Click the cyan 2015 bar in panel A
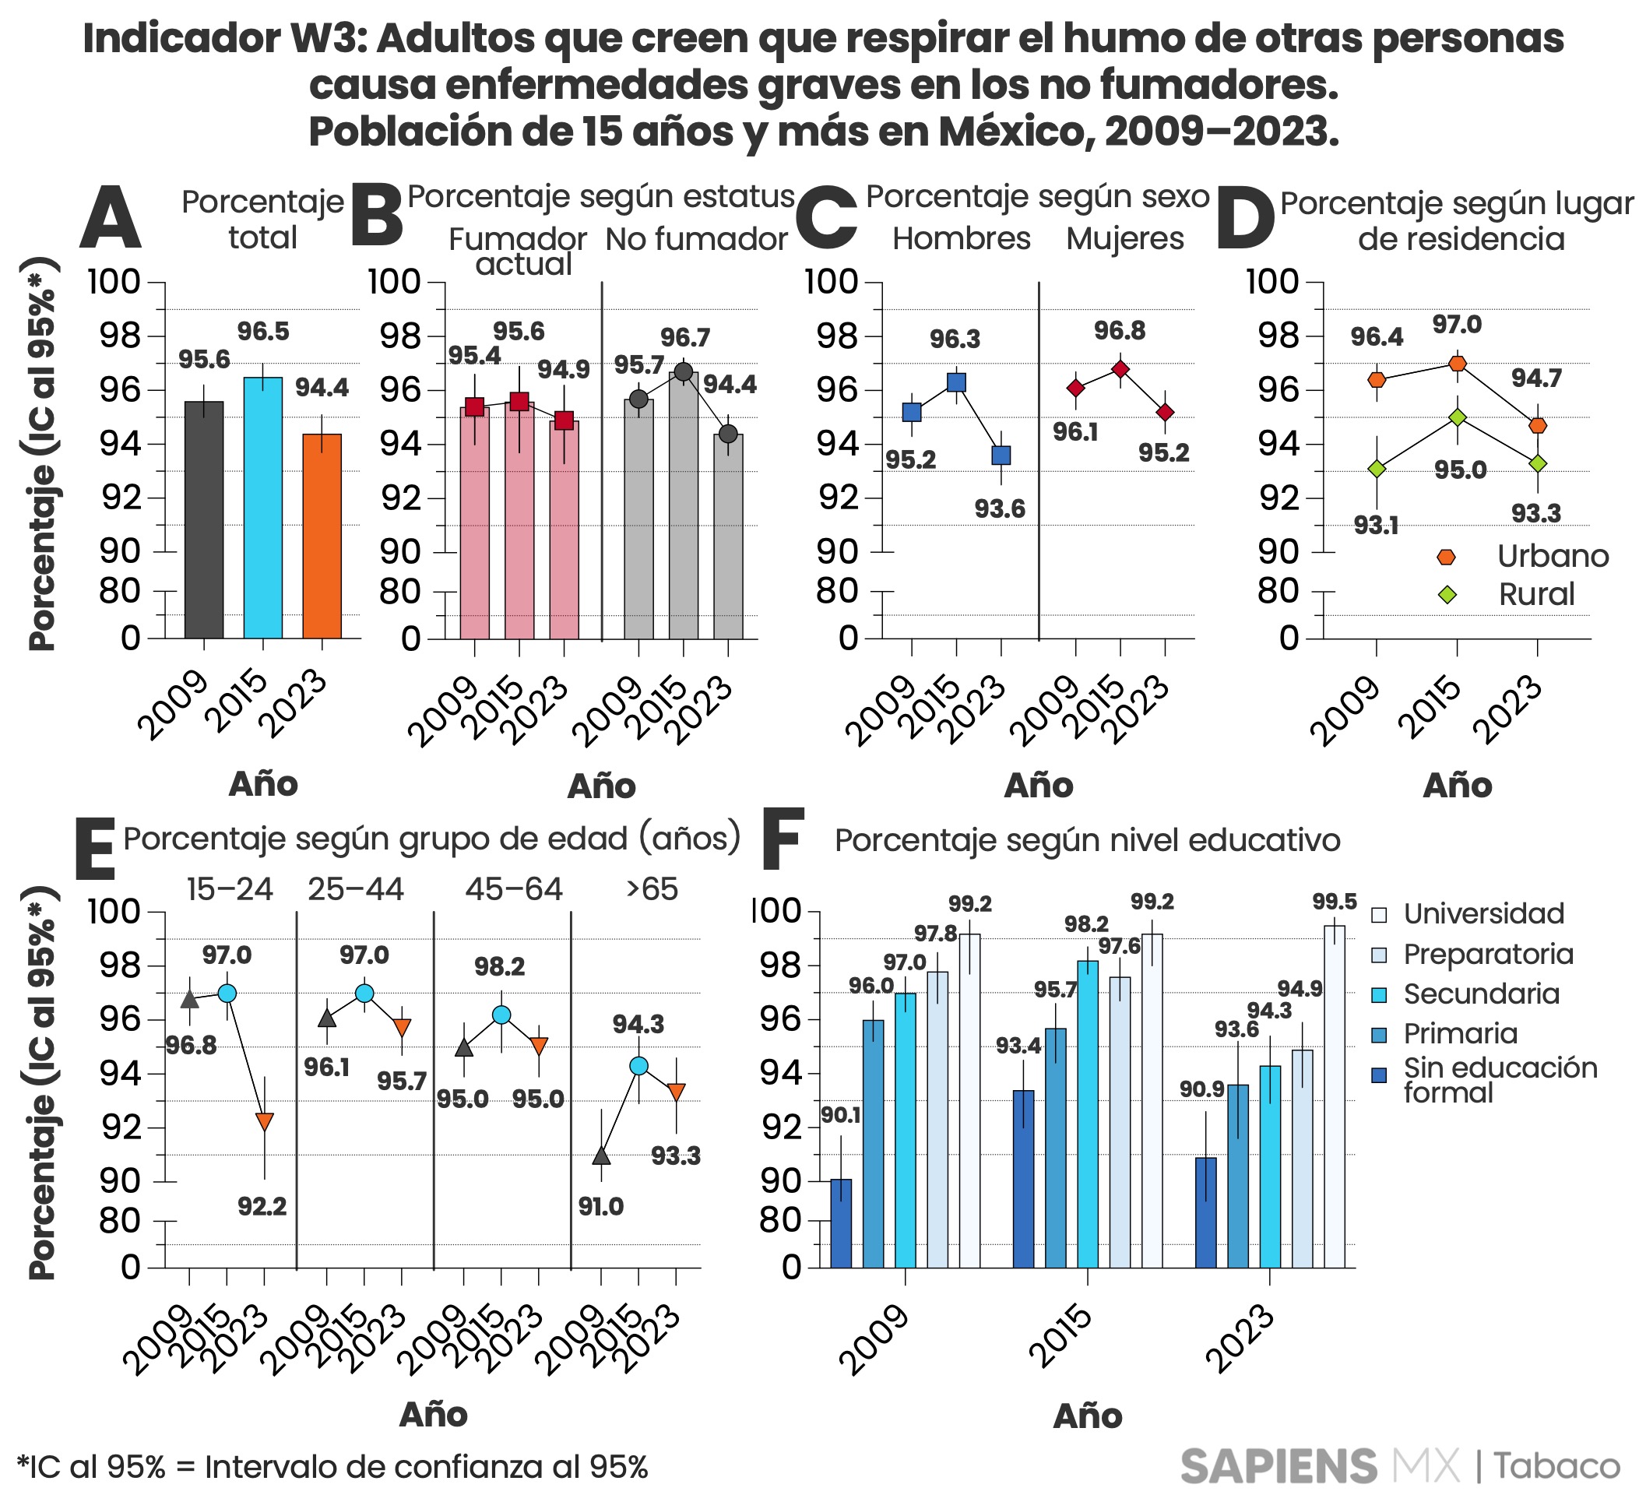[263, 506]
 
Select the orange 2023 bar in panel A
[322, 535]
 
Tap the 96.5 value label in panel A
[263, 332]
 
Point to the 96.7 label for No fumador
[685, 337]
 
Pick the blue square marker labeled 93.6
[1001, 455]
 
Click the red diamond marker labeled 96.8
[1120, 369]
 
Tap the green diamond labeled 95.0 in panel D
[1457, 417]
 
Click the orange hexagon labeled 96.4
[1377, 380]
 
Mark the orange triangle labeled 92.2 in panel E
[264, 1121]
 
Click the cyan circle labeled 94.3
[638, 1065]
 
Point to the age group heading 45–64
[514, 888]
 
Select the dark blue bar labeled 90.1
[840, 1222]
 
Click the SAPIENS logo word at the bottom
[1278, 1466]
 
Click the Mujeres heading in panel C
[1124, 238]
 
